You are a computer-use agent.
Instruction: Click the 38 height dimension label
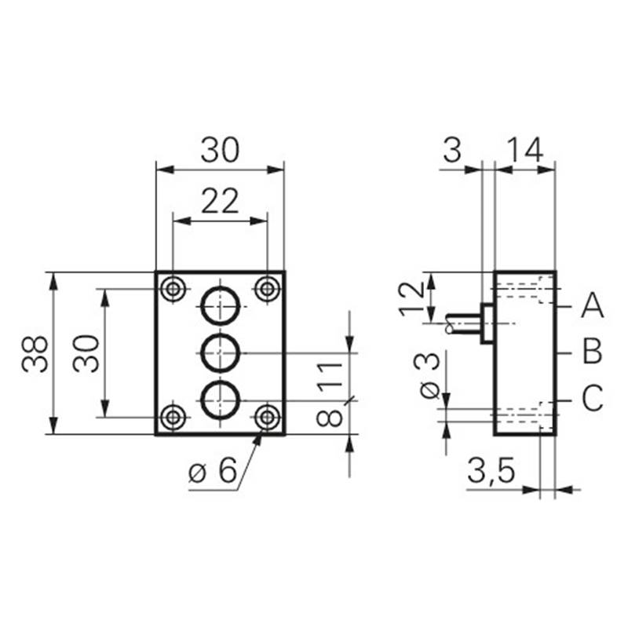(35, 355)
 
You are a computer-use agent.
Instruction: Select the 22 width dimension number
(220, 201)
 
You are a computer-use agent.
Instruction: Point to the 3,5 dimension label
(491, 470)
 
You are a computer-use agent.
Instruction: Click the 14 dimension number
(525, 150)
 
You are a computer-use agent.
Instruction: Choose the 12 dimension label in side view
(411, 298)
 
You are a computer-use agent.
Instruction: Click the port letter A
(593, 305)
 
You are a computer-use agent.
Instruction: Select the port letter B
(593, 351)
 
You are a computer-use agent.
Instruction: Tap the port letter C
(593, 398)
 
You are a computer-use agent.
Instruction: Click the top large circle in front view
(221, 287)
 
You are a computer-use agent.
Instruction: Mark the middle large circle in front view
(221, 334)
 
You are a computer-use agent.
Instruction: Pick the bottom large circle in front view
(221, 382)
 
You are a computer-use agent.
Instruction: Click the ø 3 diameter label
(426, 376)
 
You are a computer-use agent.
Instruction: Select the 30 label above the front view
(220, 150)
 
